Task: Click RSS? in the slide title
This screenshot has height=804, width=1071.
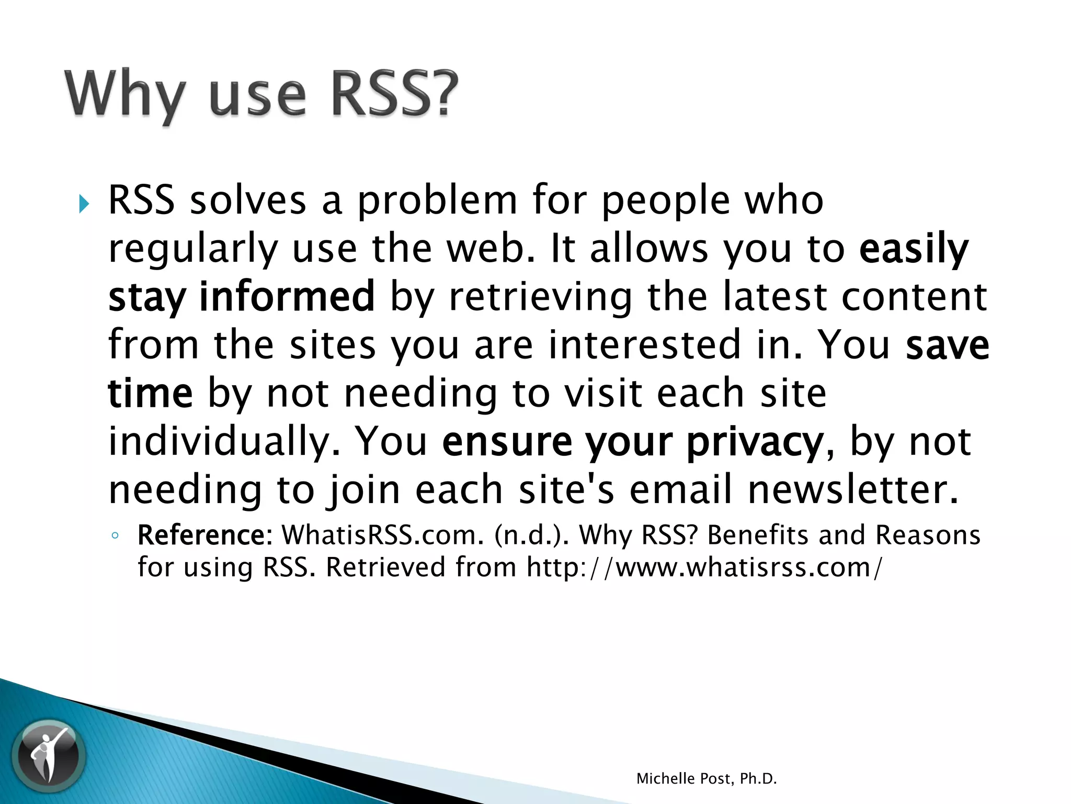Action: (x=395, y=94)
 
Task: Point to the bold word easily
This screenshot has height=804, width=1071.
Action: (x=914, y=249)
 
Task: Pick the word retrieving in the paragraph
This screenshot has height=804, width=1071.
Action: (x=540, y=297)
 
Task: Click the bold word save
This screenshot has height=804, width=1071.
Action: (x=947, y=345)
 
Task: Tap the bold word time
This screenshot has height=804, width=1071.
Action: (x=151, y=394)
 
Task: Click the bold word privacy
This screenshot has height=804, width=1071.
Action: (x=755, y=443)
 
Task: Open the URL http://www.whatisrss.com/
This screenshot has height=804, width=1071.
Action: (x=704, y=567)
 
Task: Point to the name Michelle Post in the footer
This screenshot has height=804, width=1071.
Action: (x=686, y=779)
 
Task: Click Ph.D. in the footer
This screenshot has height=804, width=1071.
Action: (x=758, y=779)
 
